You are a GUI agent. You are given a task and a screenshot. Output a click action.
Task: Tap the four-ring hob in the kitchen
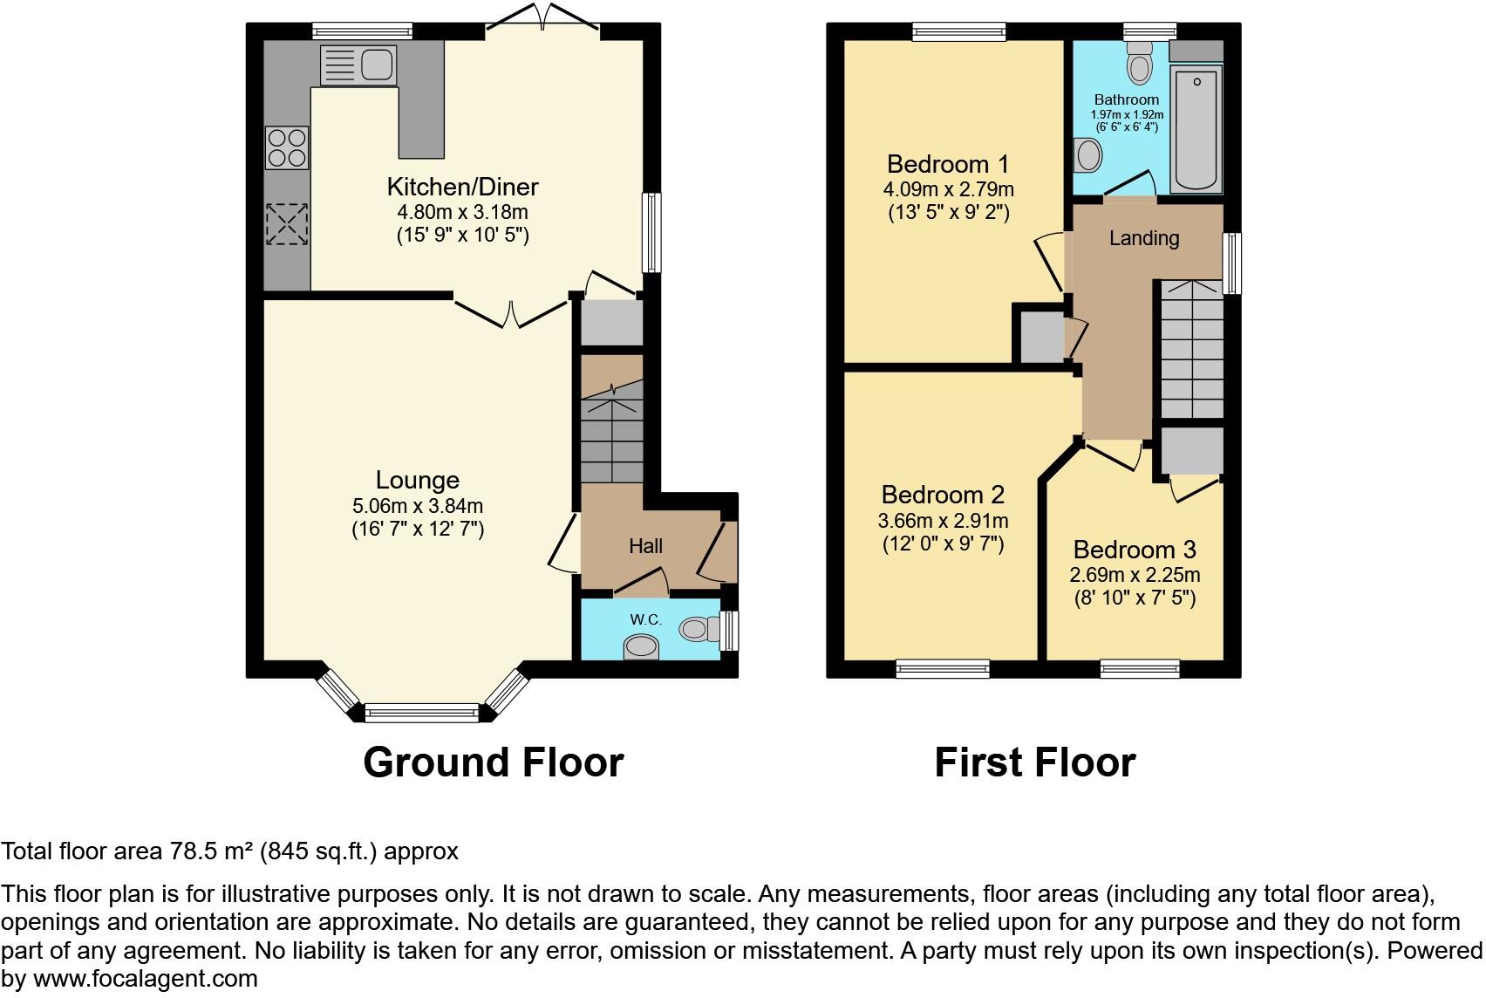(287, 147)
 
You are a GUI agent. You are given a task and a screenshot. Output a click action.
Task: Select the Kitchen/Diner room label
(462, 187)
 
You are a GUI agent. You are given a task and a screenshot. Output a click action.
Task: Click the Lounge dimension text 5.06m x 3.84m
(418, 506)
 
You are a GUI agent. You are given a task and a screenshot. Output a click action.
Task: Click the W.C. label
(646, 619)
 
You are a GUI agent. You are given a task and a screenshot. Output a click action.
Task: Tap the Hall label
(645, 547)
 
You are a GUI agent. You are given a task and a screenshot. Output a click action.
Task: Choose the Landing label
(1144, 238)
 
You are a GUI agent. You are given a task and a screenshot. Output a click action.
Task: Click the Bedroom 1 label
(948, 164)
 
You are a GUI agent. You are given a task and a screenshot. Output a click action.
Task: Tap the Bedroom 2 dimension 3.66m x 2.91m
(943, 522)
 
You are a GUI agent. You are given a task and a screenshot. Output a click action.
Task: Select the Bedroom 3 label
(1135, 550)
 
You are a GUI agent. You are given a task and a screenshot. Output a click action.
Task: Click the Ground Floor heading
(493, 762)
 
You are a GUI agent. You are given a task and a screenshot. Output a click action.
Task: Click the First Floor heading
(1034, 762)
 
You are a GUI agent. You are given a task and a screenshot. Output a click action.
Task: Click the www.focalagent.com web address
(145, 979)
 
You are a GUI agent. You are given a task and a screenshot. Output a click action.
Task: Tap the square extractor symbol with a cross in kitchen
(287, 223)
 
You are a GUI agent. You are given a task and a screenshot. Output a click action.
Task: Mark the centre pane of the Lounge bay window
(422, 713)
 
